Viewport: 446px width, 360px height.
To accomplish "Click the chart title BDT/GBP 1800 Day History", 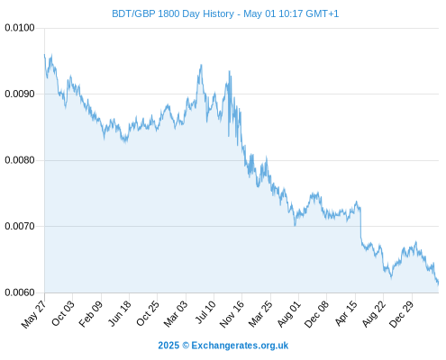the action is (173, 13).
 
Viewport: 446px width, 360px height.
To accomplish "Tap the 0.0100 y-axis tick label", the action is (20, 28).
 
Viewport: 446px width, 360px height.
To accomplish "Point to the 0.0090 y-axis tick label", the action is (20, 94).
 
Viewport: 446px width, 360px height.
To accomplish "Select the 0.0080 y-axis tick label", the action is (20, 160).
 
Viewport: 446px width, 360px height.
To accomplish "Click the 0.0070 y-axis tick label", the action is (20, 226).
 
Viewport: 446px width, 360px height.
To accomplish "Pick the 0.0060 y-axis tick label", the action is (20, 292).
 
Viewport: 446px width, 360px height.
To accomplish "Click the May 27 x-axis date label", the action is (33, 314).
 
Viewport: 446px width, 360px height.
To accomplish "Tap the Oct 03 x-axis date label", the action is (62, 313).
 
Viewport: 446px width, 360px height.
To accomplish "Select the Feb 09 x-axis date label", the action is (91, 313).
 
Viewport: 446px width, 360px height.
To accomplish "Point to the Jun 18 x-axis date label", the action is (119, 313).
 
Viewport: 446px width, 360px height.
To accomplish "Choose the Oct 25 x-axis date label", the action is (147, 313).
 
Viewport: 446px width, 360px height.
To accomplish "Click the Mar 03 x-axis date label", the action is (176, 313).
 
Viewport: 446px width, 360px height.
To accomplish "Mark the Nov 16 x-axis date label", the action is (232, 314).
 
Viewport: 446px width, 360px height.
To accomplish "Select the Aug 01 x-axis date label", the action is (288, 313).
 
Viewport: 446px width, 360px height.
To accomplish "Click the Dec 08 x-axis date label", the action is (316, 314).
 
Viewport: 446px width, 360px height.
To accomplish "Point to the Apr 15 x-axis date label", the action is (346, 313).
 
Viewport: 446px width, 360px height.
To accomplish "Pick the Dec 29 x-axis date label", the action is (401, 314).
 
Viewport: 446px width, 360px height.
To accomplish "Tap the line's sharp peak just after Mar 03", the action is (201, 65).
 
